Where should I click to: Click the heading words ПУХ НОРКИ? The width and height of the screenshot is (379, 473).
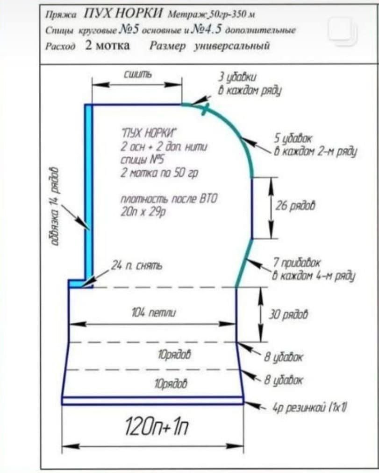[123, 14]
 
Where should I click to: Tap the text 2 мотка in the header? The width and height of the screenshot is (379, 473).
[107, 46]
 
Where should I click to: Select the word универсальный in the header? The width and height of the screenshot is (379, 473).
[231, 46]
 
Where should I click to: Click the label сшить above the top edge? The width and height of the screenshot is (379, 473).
[138, 75]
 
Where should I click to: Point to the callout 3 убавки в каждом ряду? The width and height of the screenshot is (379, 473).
[250, 84]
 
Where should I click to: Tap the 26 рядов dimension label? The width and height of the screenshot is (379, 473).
[295, 206]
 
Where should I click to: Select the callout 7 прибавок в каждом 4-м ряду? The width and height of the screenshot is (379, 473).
[314, 269]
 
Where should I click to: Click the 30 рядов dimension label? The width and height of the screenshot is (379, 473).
[288, 314]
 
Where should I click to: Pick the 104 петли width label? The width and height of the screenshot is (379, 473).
[154, 313]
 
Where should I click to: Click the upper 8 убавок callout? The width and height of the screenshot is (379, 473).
[284, 357]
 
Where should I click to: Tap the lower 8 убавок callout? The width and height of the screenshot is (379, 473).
[284, 380]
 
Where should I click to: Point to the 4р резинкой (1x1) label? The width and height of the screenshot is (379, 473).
[309, 408]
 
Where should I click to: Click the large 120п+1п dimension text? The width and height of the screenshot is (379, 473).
[157, 426]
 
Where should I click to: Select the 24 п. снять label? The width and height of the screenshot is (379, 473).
[136, 265]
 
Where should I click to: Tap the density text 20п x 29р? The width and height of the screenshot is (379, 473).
[143, 212]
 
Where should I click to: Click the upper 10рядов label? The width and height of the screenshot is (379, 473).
[174, 355]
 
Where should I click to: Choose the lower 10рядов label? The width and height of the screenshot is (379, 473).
[171, 384]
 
